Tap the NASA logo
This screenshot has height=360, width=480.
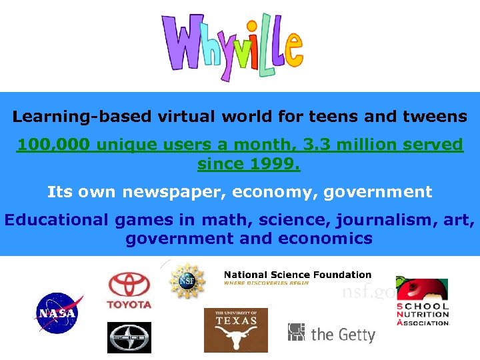(59, 312)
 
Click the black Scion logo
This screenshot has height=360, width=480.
(129, 337)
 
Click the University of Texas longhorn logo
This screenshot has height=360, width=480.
(235, 330)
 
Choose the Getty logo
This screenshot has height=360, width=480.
(331, 333)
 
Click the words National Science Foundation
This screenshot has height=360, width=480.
(297, 275)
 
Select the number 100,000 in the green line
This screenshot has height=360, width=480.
(54, 145)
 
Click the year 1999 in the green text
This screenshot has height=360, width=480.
(275, 163)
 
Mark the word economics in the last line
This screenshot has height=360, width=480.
(331, 238)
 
